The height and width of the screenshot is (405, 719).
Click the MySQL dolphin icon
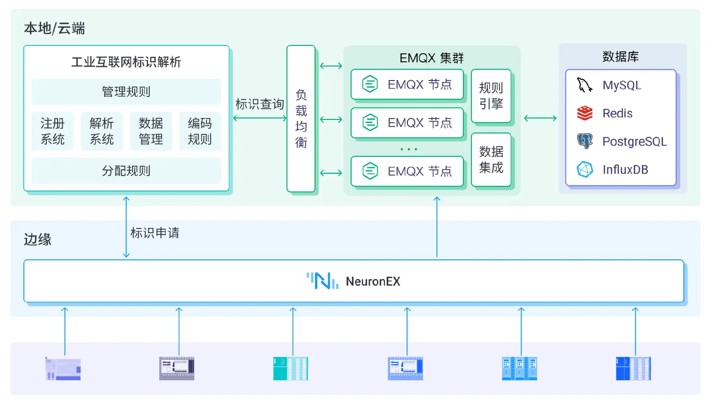coord(584,85)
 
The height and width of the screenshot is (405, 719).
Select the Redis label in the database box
coord(617,113)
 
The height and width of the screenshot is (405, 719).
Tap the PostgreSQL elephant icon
coord(585,141)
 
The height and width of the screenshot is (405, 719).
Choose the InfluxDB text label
coord(625,169)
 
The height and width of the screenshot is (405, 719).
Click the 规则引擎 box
coord(491,96)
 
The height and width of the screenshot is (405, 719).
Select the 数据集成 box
coord(491,160)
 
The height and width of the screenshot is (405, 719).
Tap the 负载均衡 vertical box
coord(301,118)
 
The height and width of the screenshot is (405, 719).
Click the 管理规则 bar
coord(126,92)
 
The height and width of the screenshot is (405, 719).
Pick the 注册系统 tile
coord(52,132)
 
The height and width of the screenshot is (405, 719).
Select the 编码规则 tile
coord(200,132)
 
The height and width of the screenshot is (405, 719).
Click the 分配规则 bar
coord(126,171)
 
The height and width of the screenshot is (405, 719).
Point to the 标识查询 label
coord(259,104)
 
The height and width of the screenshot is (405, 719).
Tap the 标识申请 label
coord(154,233)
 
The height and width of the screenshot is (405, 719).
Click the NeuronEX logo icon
coord(323,281)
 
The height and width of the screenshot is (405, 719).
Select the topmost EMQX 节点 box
coord(407,84)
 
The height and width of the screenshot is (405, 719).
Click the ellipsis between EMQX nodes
coord(409,149)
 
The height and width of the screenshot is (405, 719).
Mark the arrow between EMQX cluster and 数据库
coord(540,118)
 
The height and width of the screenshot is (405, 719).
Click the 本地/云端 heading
coord(54,29)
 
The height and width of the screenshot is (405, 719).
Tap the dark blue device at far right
coord(633,368)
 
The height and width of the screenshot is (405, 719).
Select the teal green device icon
coord(291,368)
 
